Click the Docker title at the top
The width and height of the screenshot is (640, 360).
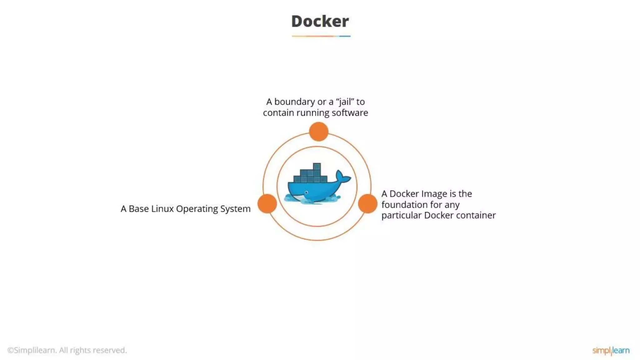[x=320, y=21]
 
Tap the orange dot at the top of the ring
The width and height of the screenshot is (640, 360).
[x=318, y=132]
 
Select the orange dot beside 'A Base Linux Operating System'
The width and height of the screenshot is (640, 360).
[x=267, y=203]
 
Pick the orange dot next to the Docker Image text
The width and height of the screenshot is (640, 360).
[x=367, y=203]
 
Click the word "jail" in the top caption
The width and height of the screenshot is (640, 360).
[x=345, y=102]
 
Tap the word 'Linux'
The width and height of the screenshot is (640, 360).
[x=162, y=209]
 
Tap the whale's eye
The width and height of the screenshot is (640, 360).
[x=307, y=192]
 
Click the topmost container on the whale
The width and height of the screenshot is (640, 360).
[x=317, y=166]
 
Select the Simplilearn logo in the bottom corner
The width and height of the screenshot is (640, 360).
[x=611, y=351]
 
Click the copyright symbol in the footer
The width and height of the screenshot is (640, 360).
[x=10, y=350]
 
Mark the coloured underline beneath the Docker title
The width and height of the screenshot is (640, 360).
[x=321, y=36]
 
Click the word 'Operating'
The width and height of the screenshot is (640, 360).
[x=197, y=209]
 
